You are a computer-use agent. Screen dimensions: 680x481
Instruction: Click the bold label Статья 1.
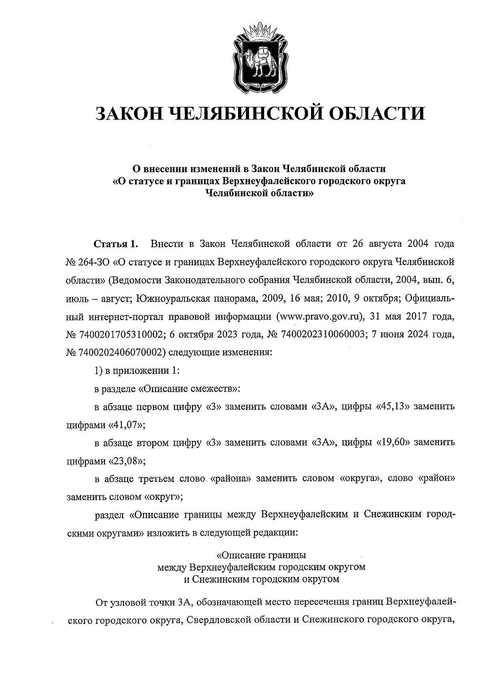coord(116,243)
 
